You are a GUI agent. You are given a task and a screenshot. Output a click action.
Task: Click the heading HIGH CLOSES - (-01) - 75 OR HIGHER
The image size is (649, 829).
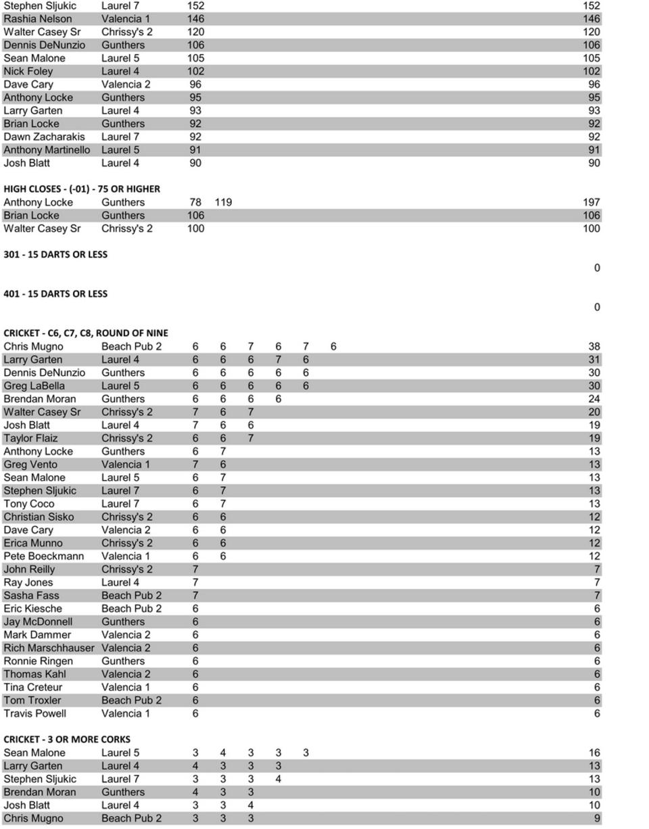(82, 189)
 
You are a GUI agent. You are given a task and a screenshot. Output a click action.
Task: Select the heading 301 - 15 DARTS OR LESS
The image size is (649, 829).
(55, 254)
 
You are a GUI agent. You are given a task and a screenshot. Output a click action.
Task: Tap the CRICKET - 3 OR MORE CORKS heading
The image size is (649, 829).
(67, 739)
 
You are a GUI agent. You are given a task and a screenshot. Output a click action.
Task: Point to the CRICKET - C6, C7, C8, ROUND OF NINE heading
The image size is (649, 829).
(86, 333)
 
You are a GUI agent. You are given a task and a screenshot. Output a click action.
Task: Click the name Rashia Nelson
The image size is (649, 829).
(38, 19)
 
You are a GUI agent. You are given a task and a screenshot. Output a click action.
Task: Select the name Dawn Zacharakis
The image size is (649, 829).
(45, 137)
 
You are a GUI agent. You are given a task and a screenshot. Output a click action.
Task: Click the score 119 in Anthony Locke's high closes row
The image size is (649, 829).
(223, 202)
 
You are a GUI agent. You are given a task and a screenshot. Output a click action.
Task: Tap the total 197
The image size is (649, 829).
(591, 202)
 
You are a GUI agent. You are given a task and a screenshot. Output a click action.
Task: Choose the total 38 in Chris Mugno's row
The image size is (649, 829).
(594, 346)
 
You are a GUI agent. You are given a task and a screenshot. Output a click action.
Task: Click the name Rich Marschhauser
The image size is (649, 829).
(49, 648)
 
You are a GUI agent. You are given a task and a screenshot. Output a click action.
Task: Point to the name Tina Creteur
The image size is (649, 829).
(33, 687)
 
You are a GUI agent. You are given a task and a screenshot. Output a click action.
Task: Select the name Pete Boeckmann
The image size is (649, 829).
(44, 556)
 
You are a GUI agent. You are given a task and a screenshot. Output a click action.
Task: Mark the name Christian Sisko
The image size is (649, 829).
(39, 517)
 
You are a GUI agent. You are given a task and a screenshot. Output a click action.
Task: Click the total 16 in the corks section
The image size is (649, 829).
(594, 753)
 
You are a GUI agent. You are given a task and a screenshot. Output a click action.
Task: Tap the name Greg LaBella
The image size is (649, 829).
(34, 385)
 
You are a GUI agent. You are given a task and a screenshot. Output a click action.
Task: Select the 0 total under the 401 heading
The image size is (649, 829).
(596, 307)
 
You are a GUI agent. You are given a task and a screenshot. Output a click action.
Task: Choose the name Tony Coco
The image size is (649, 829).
(29, 504)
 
